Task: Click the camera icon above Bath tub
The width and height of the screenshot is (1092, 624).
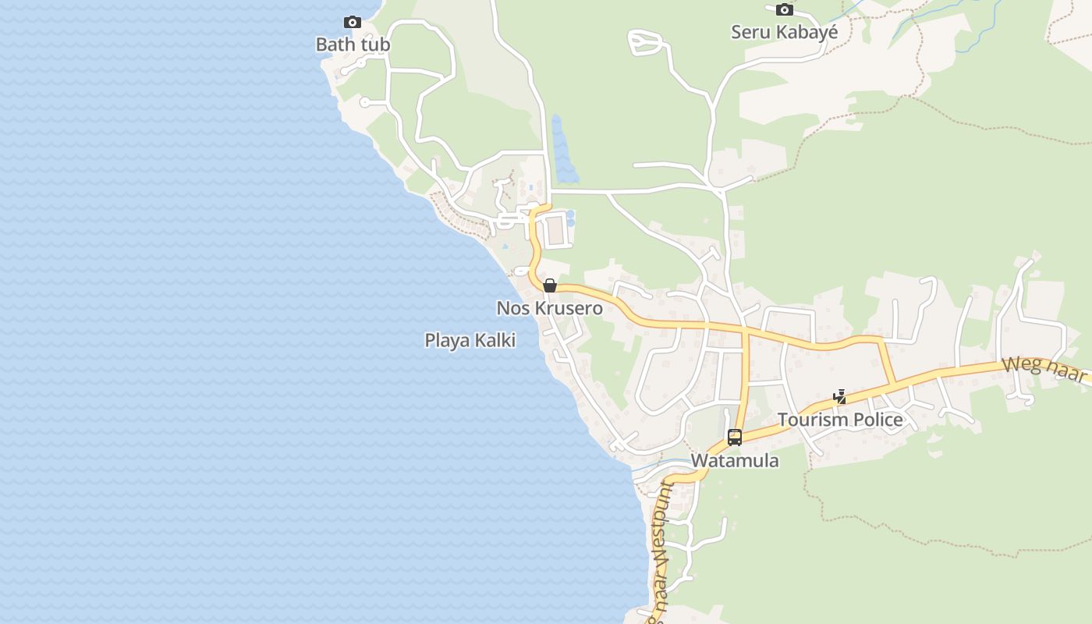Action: (x=353, y=23)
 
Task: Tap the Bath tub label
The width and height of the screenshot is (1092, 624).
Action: (x=353, y=45)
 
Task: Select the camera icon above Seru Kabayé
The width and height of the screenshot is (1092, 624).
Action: (x=784, y=10)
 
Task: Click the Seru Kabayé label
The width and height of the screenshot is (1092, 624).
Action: (x=784, y=33)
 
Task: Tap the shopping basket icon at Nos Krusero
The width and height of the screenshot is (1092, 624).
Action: (x=550, y=285)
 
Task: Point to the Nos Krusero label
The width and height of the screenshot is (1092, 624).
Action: (x=549, y=309)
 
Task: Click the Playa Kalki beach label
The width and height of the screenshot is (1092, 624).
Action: (x=470, y=341)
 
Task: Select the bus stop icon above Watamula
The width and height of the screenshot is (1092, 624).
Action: (x=734, y=437)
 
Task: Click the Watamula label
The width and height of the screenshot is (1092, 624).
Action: (x=734, y=461)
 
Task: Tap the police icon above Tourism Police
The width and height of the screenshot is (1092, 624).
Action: (x=839, y=397)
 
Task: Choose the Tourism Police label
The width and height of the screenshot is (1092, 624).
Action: (x=840, y=420)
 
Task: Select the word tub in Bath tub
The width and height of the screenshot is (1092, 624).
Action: (x=374, y=45)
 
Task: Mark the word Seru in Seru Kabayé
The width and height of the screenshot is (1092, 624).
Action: (x=749, y=33)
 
